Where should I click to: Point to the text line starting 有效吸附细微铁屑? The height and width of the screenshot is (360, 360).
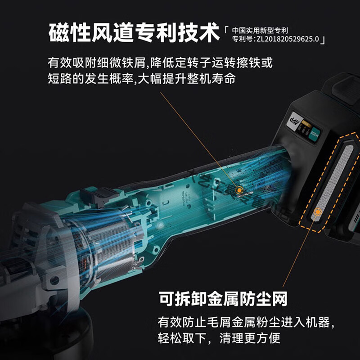pyautogui.click(x=160, y=61)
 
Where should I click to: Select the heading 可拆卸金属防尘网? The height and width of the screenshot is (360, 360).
pyautogui.click(x=223, y=298)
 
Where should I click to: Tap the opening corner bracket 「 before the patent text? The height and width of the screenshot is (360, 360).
pyautogui.click(x=227, y=31)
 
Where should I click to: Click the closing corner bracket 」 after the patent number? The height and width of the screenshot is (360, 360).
pyautogui.click(x=323, y=40)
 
